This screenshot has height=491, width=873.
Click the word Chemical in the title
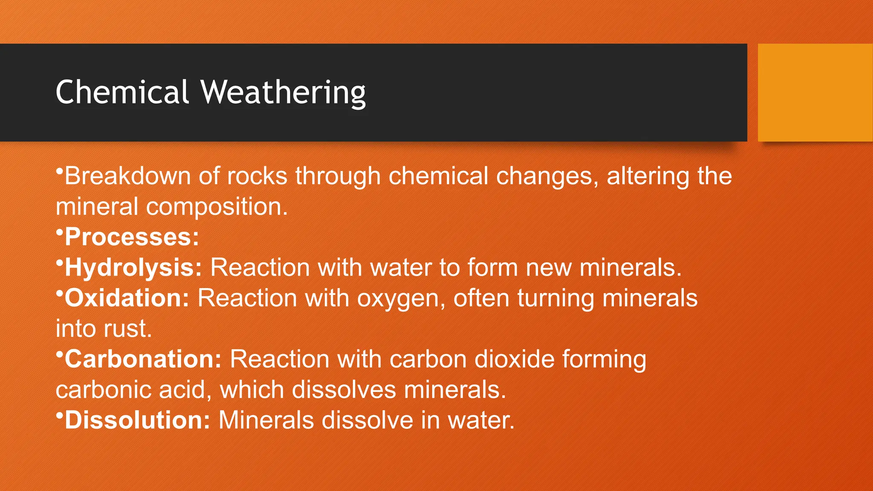click(122, 92)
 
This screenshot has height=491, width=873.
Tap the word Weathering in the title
click(283, 92)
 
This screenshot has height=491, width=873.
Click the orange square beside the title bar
click(815, 92)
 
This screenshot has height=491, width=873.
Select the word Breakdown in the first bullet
click(127, 176)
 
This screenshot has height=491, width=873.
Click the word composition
click(217, 207)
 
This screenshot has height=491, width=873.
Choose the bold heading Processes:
click(132, 237)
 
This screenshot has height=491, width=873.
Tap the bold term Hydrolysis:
click(133, 268)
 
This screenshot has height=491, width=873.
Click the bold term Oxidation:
click(127, 298)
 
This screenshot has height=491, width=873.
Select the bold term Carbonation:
click(143, 359)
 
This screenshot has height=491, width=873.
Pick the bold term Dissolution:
click(137, 420)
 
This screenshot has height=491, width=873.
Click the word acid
click(185, 390)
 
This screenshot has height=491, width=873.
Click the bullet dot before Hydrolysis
click(59, 263)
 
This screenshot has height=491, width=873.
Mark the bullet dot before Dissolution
click(59, 415)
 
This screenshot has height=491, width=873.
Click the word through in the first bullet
click(338, 176)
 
